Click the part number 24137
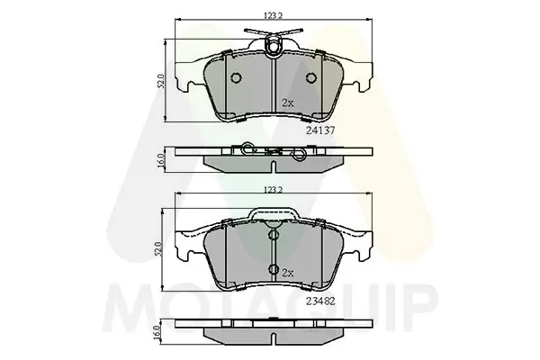tap(320, 130)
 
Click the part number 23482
tap(320, 301)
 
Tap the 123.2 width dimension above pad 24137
tap(273, 16)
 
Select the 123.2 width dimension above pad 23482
tap(273, 190)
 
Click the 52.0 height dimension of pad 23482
tap(158, 250)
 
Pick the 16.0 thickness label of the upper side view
tap(161, 161)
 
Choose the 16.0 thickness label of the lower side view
tap(158, 333)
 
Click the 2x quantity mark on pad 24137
tap(288, 103)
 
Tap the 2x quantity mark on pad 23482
tap(288, 274)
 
